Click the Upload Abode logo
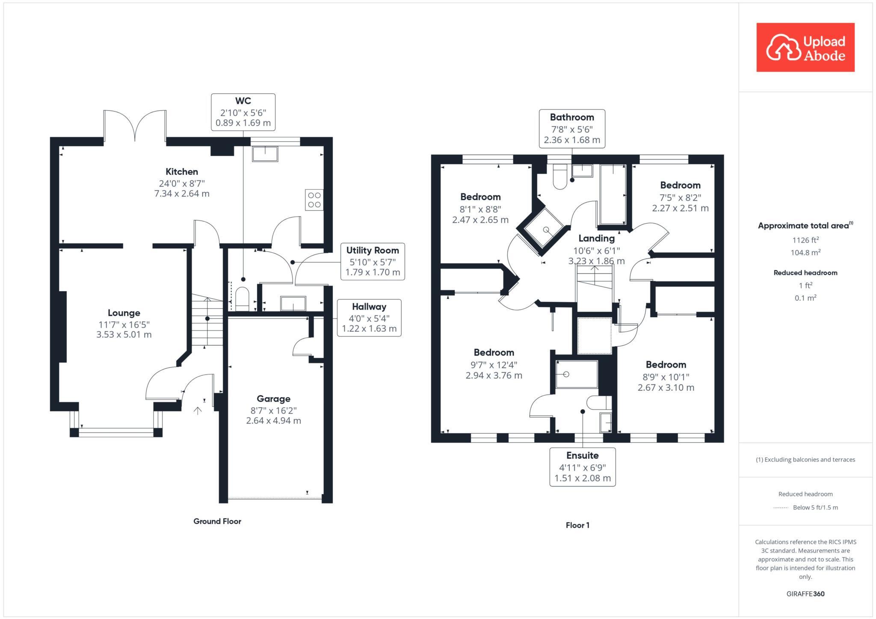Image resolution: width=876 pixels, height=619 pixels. [x=805, y=47]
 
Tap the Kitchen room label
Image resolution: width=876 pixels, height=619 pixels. [x=182, y=172]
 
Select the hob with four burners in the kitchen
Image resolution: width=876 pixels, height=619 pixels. [x=314, y=200]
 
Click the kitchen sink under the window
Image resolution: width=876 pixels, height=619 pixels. [x=265, y=153]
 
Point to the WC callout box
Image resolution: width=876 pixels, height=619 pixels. [x=243, y=112]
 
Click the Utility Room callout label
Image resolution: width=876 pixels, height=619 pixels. [x=372, y=251]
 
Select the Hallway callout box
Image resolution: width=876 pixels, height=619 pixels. [x=369, y=318]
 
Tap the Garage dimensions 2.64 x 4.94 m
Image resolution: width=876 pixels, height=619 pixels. [x=273, y=421]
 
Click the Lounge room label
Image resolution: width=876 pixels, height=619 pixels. [x=124, y=313]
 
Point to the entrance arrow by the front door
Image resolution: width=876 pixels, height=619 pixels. [x=198, y=411]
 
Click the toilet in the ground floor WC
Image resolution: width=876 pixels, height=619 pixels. [x=242, y=298]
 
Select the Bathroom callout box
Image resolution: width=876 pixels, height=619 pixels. [x=571, y=129]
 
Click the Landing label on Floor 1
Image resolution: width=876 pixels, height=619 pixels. [x=596, y=239]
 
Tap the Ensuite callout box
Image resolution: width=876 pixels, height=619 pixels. [x=582, y=467]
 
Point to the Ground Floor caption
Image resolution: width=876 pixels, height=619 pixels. [x=217, y=521]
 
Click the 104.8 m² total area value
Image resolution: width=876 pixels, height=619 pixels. [x=805, y=253]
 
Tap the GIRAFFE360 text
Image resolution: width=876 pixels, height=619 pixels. [x=805, y=594]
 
